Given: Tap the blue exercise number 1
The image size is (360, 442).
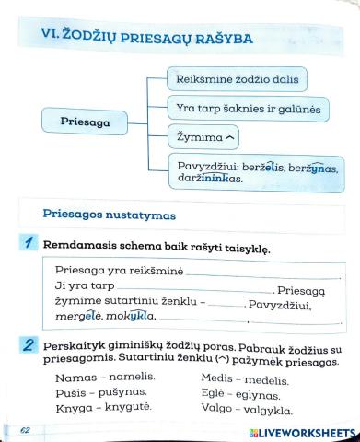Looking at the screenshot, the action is pos(30,245).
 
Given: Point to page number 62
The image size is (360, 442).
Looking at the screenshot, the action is pos(26,430).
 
